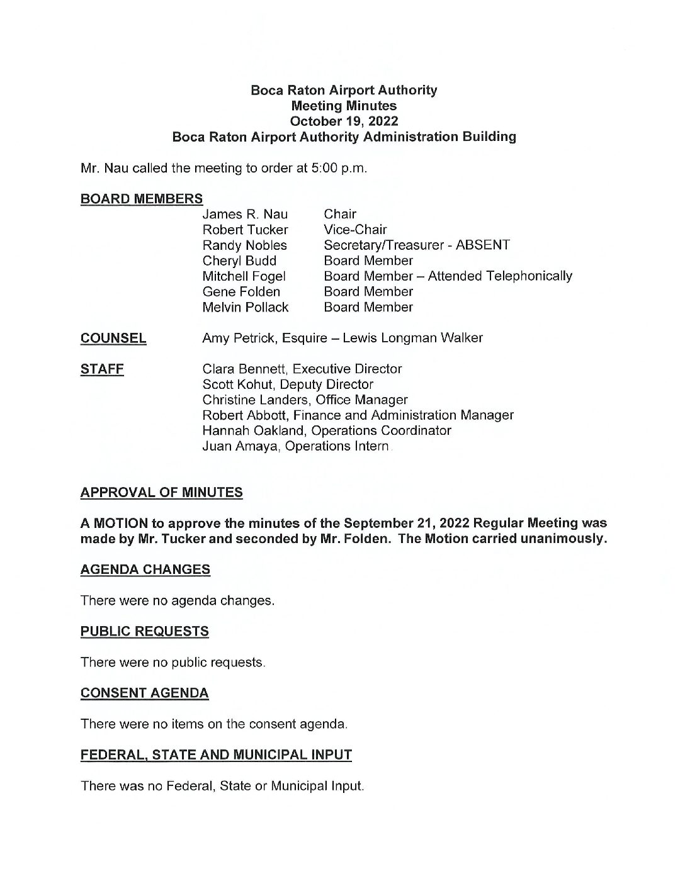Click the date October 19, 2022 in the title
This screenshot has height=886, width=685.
tap(344, 121)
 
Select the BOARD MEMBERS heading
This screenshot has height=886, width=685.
tap(142, 199)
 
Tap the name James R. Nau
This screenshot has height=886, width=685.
tap(245, 215)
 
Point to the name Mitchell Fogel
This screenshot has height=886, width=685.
tap(244, 276)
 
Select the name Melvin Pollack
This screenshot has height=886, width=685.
tap(245, 308)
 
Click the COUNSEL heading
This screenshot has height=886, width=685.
tap(113, 339)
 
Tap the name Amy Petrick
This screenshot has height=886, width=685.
tap(240, 339)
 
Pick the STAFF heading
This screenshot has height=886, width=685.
tap(102, 369)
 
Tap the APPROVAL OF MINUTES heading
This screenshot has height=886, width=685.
tap(161, 493)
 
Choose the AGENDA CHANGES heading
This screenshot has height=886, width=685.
tap(145, 569)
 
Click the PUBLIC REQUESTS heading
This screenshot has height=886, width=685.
tap(145, 631)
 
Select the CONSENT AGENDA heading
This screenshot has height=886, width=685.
tap(145, 693)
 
